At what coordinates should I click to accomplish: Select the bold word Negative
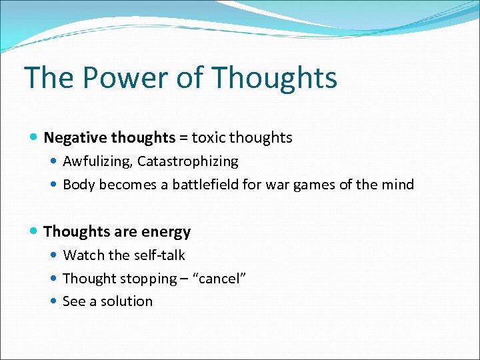click(76, 138)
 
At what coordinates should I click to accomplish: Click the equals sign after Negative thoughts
click(183, 138)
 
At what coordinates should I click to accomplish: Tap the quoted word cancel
click(220, 279)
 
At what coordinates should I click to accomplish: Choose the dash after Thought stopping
click(183, 279)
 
